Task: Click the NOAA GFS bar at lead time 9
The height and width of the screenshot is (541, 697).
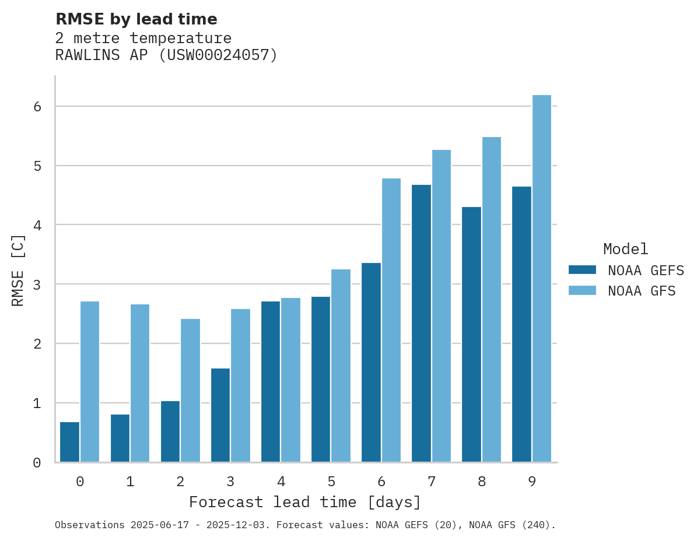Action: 542,279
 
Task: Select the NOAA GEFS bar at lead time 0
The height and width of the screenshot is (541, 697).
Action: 70,442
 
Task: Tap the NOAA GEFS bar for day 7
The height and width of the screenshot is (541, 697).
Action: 421,324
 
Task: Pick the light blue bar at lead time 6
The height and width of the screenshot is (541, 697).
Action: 391,320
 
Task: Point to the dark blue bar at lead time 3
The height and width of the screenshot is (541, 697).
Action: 220,415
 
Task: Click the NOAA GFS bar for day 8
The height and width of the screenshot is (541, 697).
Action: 492,300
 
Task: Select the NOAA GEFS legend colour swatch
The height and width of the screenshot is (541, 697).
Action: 582,269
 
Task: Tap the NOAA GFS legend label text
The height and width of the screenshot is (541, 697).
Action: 642,291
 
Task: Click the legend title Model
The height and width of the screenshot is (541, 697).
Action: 625,249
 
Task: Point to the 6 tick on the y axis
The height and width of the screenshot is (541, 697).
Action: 37,107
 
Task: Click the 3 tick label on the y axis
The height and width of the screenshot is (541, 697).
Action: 37,284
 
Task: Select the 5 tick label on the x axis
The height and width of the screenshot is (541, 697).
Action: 331,482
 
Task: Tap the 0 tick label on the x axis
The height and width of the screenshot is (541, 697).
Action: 80,482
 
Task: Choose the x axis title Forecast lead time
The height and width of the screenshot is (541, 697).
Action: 305,502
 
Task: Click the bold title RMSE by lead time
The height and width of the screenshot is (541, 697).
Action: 136,19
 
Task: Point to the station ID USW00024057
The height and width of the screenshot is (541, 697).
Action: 216,55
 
